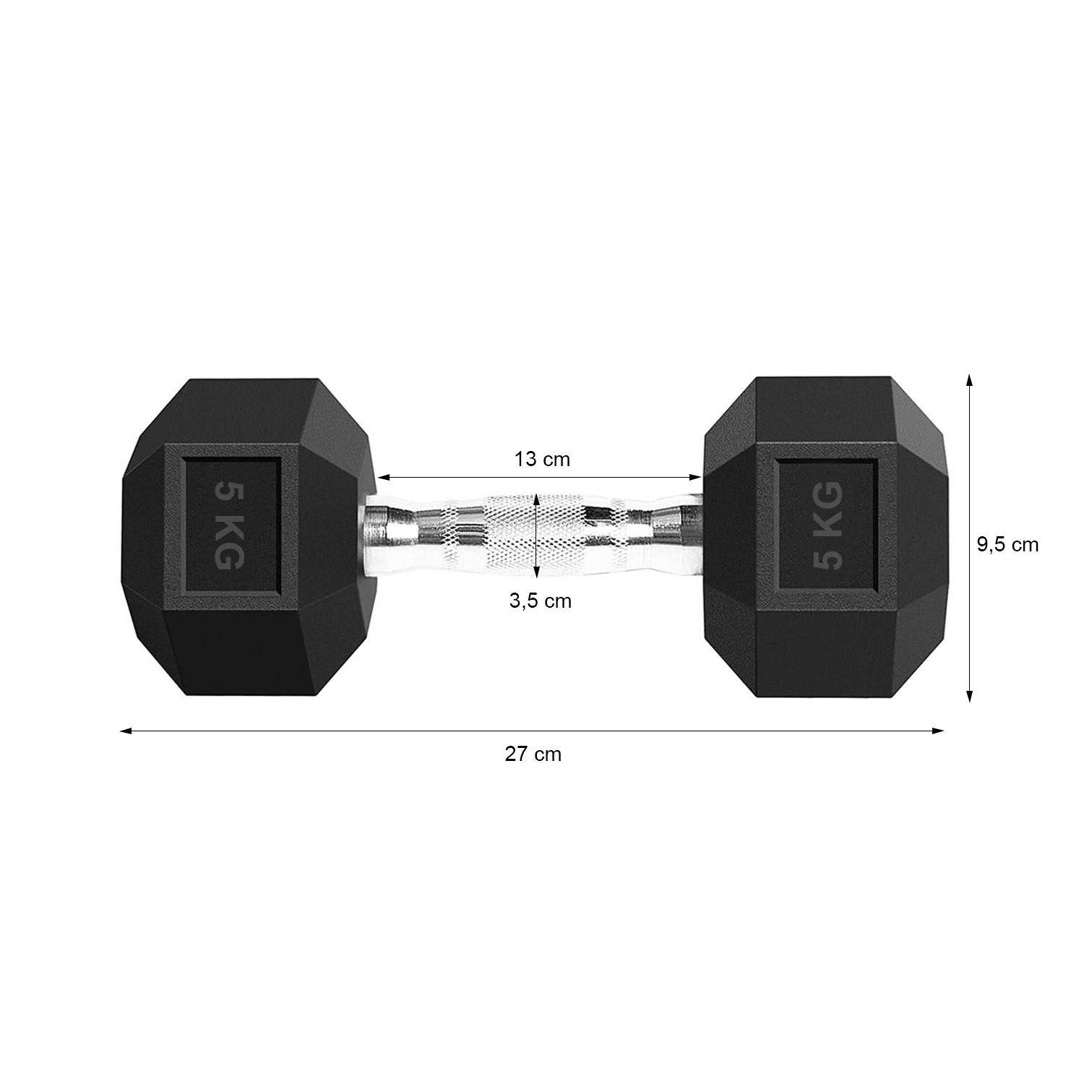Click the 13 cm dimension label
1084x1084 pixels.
[x=541, y=459]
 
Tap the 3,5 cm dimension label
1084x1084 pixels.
[x=540, y=601]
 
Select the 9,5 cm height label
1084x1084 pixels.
[x=1007, y=545]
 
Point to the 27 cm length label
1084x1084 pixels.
[x=533, y=754]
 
